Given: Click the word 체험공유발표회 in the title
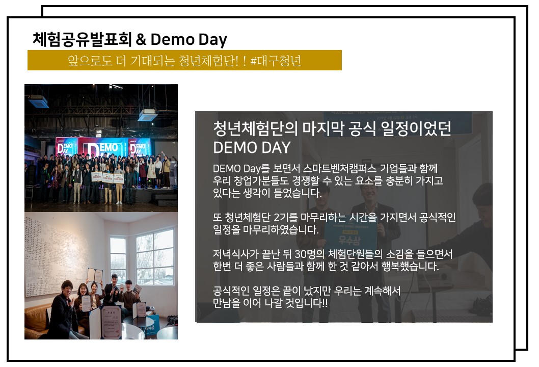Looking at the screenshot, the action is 82,39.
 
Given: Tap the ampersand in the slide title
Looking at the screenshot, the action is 141,40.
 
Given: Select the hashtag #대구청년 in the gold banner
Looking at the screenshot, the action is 276,61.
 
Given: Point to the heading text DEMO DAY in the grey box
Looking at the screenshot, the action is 252,147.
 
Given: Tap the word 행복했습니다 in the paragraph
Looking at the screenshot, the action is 410,266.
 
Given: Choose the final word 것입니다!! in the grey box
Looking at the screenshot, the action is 307,303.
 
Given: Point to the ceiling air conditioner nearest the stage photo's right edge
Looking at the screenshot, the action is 147,115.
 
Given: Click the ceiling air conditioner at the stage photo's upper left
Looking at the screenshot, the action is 38,101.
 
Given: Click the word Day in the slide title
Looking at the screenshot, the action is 213,40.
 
